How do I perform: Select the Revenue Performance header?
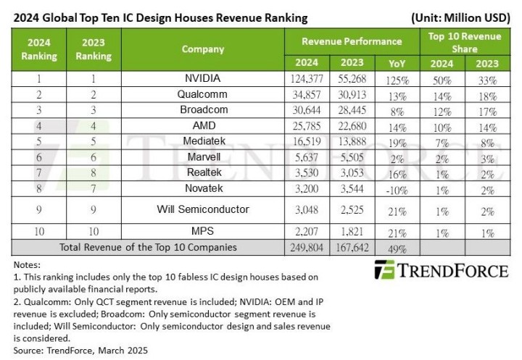point(351,41)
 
